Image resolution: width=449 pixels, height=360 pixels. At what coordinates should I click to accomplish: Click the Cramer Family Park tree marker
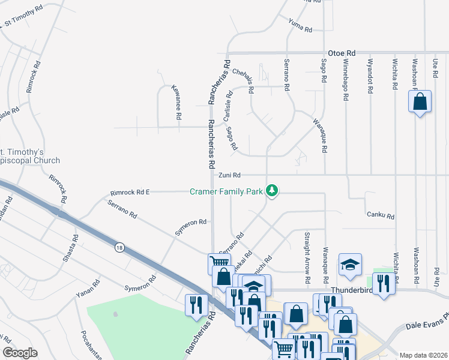pos(273,191)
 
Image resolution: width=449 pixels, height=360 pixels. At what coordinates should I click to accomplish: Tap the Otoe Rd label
pos(342,53)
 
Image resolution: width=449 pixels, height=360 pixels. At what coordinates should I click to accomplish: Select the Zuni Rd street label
pos(229,175)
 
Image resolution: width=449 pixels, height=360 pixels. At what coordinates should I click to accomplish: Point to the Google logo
pos(20,353)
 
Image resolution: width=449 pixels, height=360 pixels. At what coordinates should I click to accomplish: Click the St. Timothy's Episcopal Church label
pos(30,156)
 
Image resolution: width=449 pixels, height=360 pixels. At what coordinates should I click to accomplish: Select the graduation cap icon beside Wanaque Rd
pos(351,264)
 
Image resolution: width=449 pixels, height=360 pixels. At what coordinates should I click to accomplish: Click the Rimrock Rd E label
pos(130,193)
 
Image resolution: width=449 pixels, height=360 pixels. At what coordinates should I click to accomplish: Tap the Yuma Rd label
pos(300,26)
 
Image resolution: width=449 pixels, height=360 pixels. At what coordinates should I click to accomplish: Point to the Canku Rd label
pos(380,216)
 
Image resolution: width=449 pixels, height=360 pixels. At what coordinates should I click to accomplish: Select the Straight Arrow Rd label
pos(307,257)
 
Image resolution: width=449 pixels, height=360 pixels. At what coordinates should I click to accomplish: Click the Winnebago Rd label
pos(346,75)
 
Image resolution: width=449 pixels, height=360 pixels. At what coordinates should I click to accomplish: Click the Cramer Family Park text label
pos(226,192)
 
